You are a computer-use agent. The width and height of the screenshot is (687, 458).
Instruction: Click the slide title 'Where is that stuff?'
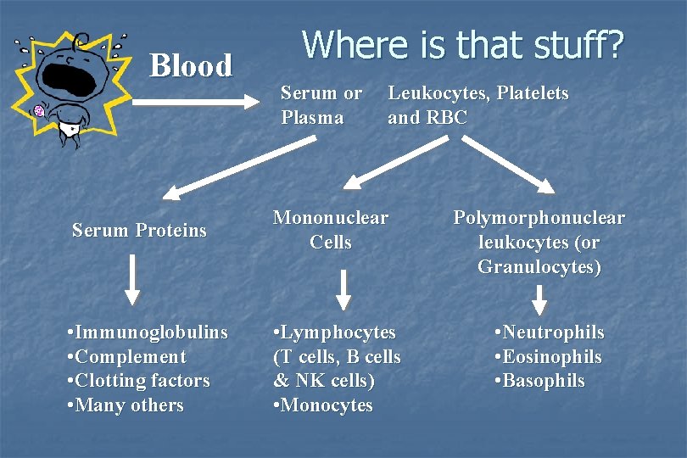pos(462,44)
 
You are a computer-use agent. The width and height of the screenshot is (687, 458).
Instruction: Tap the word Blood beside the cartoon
pos(191,65)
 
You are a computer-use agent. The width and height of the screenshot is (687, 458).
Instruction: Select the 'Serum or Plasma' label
pos(321,105)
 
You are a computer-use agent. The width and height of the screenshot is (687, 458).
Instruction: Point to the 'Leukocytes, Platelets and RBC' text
pos(478,105)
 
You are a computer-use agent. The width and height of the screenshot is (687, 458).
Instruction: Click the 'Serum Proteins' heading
pos(139,230)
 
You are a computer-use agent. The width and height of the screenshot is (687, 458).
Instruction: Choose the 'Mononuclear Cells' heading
pos(330,230)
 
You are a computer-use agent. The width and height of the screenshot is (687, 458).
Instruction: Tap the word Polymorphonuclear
pos(539,218)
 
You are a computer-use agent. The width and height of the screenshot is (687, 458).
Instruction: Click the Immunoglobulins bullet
pos(147,332)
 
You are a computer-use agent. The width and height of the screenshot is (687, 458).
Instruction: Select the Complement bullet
pos(126,356)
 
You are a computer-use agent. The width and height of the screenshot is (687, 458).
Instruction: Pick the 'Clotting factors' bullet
pos(137,381)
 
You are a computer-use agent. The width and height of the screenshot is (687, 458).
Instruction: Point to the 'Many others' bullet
pos(125,405)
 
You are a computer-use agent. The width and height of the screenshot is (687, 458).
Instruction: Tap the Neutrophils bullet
pos(550,332)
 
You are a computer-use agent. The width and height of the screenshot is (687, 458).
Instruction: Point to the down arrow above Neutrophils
pos(539,299)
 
